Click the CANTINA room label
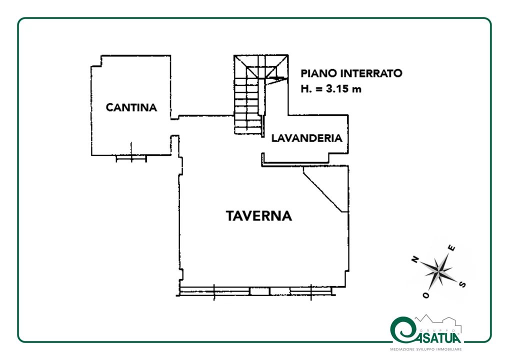[x=131, y=107]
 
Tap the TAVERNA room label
[x=259, y=216]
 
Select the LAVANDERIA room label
[x=307, y=138]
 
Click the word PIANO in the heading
[x=319, y=73]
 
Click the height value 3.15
[x=338, y=89]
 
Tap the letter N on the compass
[x=415, y=259]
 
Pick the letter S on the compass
[x=462, y=284]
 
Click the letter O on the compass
[x=426, y=294]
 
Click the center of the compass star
[x=439, y=271]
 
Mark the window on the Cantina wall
[x=131, y=158]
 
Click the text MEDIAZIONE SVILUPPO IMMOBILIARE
[x=426, y=349]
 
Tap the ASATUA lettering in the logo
[x=438, y=338]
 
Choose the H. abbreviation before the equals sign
[x=306, y=89]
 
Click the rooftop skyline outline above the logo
[x=438, y=321]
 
